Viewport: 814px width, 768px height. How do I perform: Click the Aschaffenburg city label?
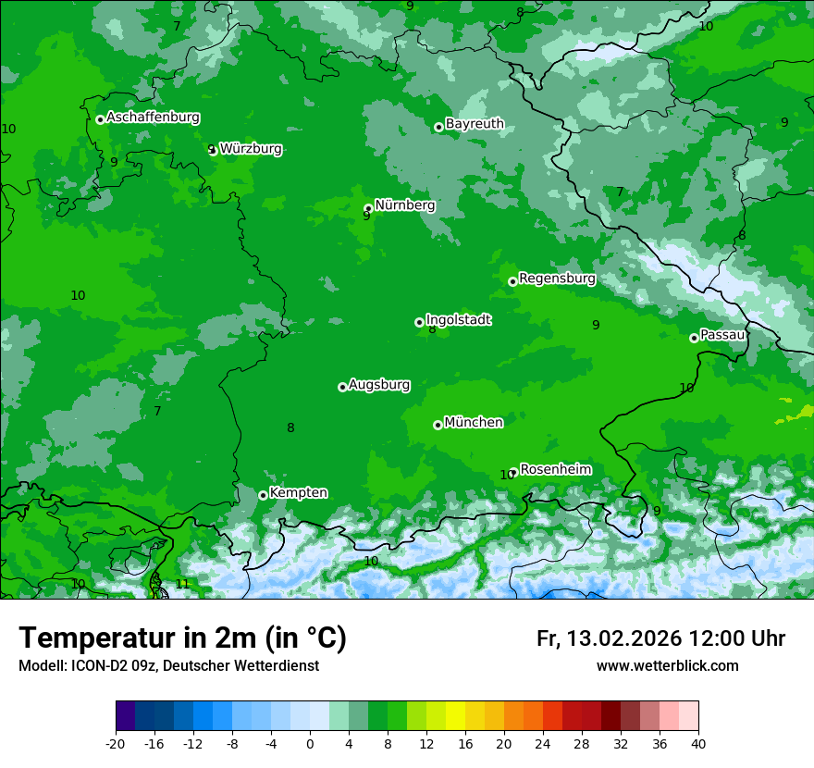(153, 118)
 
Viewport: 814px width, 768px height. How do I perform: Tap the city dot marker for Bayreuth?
(438, 127)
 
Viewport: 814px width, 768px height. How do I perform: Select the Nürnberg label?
(404, 205)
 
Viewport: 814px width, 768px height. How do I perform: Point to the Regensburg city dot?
(512, 281)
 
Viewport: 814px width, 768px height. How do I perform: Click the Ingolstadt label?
(458, 320)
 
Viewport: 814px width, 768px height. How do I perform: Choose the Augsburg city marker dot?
(342, 387)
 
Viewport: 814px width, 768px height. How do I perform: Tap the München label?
(474, 423)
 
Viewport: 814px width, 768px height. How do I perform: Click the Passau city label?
(722, 335)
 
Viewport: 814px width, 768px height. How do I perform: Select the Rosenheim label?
(555, 470)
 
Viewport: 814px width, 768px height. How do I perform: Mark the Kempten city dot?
(263, 495)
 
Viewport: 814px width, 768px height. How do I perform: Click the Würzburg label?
(251, 149)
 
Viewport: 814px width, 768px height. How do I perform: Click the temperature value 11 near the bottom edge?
(182, 584)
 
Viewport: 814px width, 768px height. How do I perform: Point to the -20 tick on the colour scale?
(116, 743)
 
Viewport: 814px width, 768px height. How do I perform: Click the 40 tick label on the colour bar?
(697, 743)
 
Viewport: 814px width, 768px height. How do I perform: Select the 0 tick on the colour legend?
(310, 743)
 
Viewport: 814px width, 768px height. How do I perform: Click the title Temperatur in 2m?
(182, 638)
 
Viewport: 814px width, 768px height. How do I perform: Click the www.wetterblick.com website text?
(667, 665)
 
